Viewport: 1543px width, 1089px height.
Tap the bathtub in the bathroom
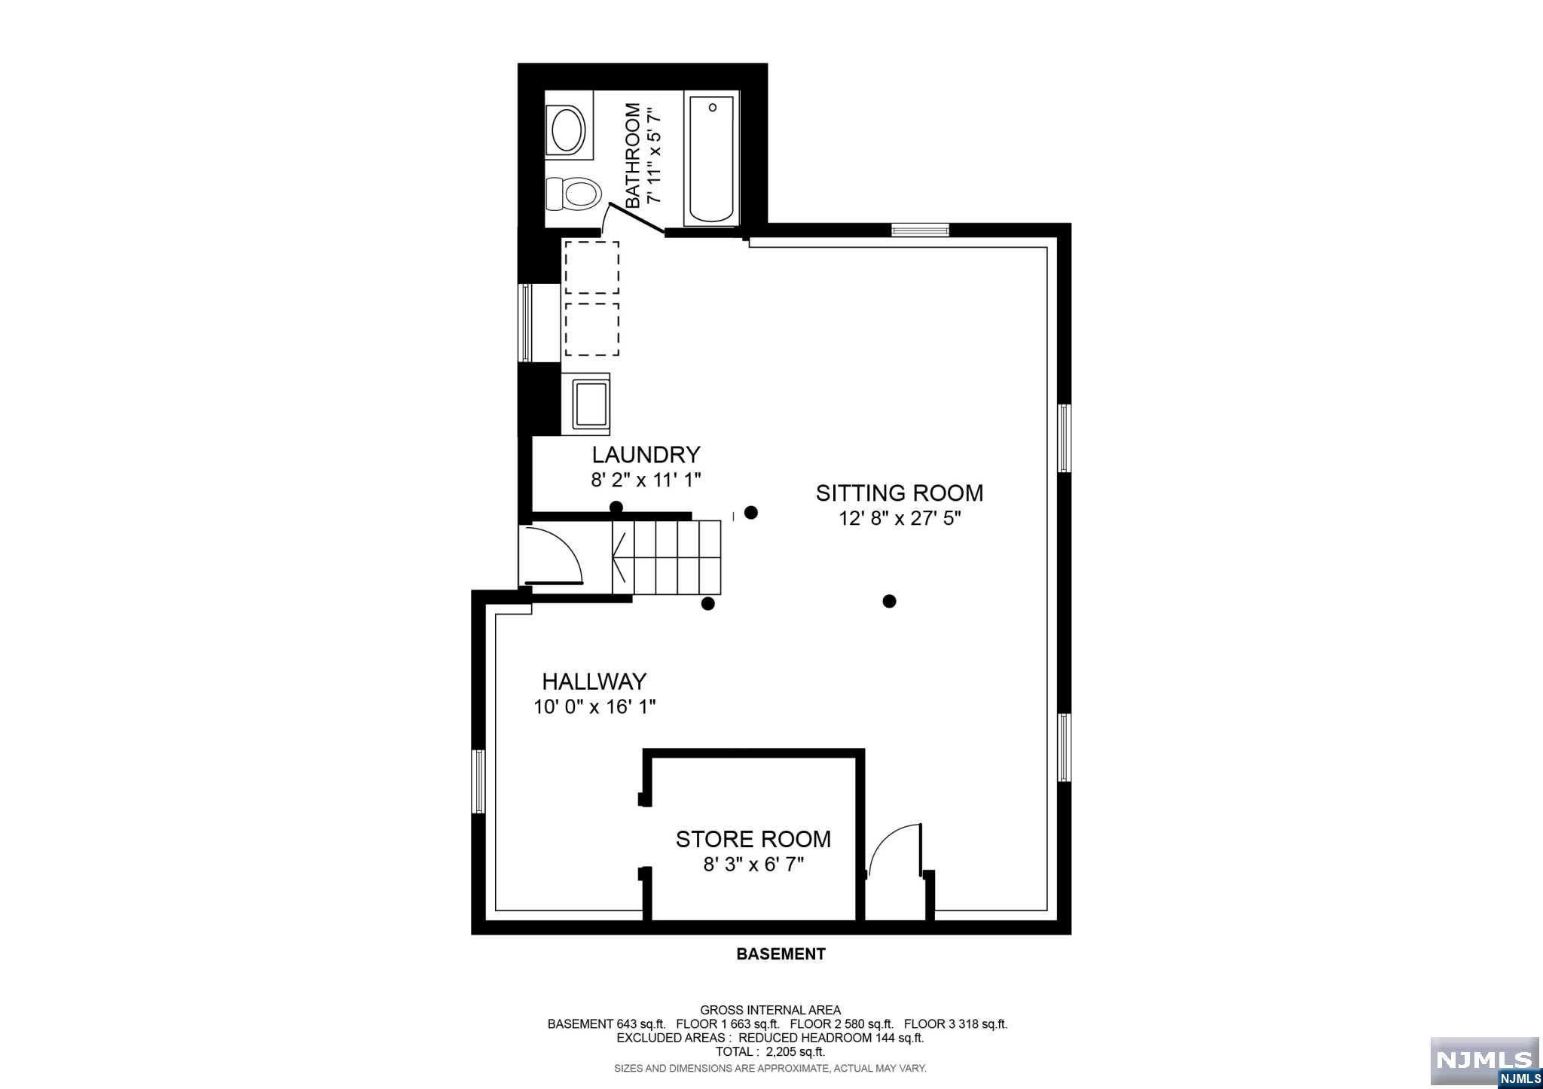[x=711, y=159]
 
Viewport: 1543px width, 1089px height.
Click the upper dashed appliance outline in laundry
[x=592, y=267]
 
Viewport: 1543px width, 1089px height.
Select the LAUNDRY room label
[x=646, y=455]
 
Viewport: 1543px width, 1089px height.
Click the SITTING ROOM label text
[x=900, y=493]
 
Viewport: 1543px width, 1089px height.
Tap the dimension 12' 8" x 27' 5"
[x=900, y=518]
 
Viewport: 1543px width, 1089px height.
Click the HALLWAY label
[x=594, y=682]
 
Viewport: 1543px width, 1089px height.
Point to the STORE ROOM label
[x=753, y=839]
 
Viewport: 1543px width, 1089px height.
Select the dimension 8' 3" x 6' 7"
[x=753, y=864]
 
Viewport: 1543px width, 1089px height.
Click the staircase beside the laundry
[x=667, y=557]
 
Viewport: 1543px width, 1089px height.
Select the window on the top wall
[x=920, y=230]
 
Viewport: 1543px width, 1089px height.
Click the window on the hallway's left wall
[x=478, y=781]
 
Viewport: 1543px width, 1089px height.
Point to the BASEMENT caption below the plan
[x=781, y=954]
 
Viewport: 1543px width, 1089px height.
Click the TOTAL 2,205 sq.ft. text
[x=770, y=1052]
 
